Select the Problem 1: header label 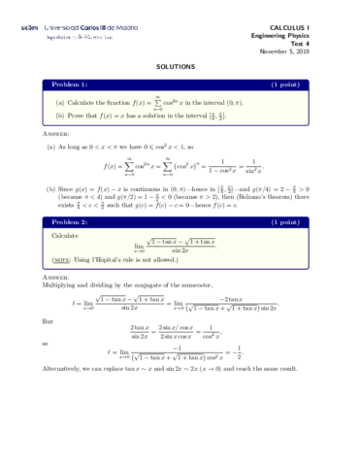coord(69,84)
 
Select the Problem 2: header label coord(69,222)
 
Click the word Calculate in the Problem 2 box coord(65,236)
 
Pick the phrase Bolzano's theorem coord(261,199)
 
